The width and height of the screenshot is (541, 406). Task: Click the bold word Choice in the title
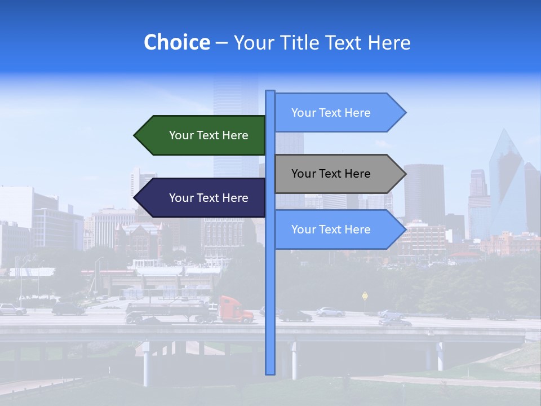coord(176,42)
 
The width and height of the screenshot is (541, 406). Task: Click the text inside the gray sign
coord(331,174)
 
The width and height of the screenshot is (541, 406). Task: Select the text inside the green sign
coord(209,135)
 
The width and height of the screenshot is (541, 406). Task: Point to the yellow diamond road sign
coord(365,295)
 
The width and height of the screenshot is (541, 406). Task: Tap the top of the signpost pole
coord(270,92)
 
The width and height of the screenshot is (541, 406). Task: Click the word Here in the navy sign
coord(236,198)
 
